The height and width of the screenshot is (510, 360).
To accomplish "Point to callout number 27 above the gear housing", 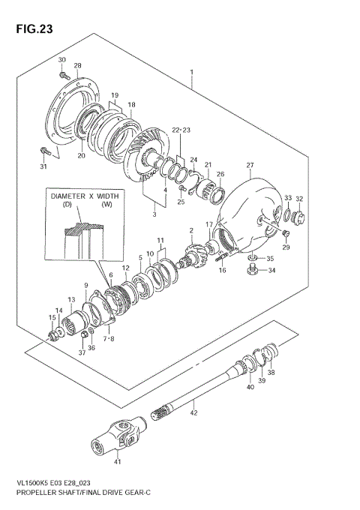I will click(x=250, y=165).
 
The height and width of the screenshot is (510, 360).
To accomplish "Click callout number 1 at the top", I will click(x=192, y=73).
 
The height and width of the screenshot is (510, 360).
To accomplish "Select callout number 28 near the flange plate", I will click(x=77, y=67).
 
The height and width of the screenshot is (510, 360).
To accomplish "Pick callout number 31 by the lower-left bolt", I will click(x=43, y=166).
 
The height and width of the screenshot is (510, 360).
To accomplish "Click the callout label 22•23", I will click(x=181, y=130).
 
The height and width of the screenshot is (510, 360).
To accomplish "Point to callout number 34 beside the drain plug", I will click(x=271, y=271).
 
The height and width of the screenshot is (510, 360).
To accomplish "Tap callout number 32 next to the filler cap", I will click(x=299, y=199).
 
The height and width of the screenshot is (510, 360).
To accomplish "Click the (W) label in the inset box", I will click(x=106, y=205).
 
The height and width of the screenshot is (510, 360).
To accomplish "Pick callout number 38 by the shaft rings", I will click(x=271, y=373).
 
